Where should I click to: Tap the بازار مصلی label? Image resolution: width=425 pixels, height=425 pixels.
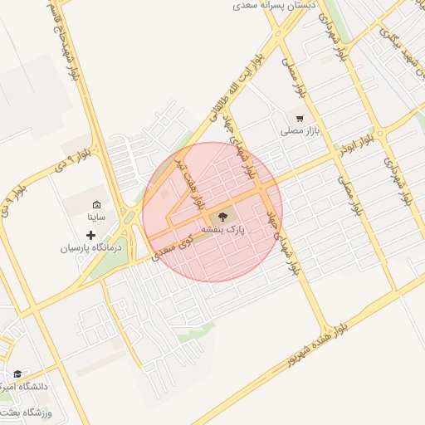pyautogui.click(x=300, y=131)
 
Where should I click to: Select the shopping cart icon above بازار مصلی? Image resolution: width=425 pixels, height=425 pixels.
pyautogui.click(x=299, y=118)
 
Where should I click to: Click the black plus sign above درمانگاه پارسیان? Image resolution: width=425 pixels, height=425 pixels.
pyautogui.click(x=91, y=236)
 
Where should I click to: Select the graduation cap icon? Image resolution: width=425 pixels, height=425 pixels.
pyautogui.click(x=18, y=374)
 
